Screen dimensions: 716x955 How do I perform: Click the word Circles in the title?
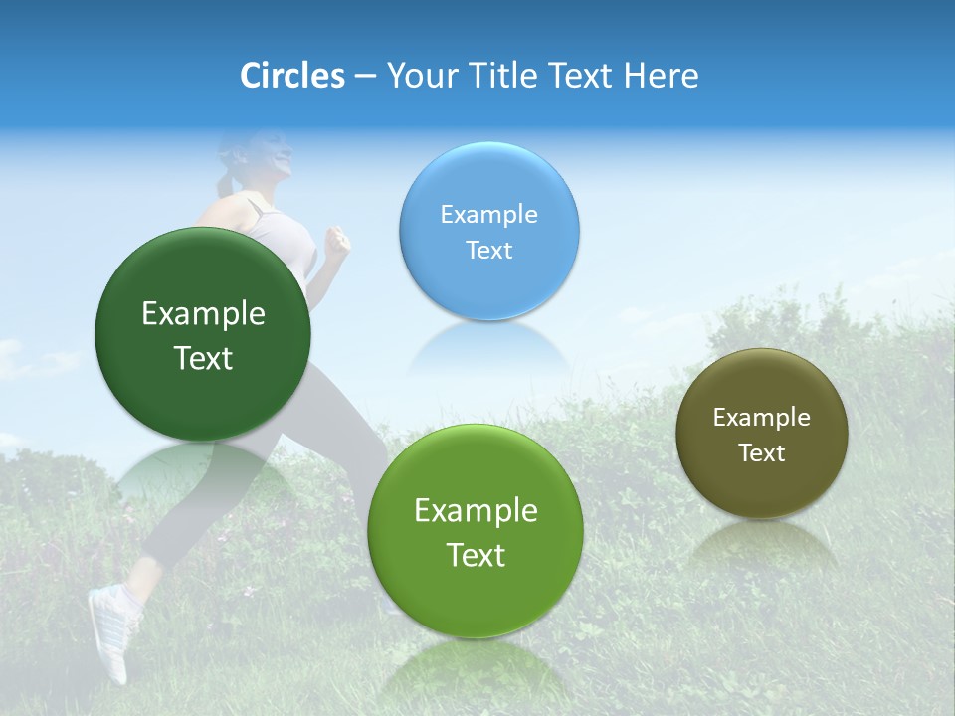click(x=292, y=76)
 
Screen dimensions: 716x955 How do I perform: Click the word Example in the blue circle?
click(x=488, y=215)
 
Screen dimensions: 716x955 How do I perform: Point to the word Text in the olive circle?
click(x=762, y=453)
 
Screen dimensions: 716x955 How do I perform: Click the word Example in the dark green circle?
click(x=203, y=314)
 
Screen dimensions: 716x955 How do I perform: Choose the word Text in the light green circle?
click(x=476, y=555)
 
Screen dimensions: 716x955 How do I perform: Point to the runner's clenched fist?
click(x=339, y=242)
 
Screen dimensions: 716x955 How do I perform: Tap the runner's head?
click(x=261, y=159)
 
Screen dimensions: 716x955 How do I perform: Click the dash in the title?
click(x=365, y=76)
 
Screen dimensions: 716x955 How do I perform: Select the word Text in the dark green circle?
click(x=203, y=358)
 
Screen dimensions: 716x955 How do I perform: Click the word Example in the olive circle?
click(x=762, y=418)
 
